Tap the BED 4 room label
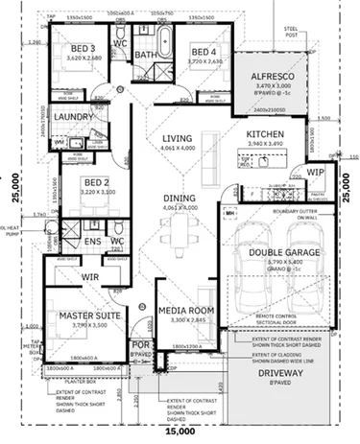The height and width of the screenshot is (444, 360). tap(203, 52)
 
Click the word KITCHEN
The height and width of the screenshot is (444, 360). tap(269, 135)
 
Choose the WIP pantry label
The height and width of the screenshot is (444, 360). tap(315, 173)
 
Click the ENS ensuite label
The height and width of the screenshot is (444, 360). tap(93, 242)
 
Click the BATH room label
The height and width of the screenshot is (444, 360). tap(146, 55)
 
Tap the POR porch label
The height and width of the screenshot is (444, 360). tap(140, 344)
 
